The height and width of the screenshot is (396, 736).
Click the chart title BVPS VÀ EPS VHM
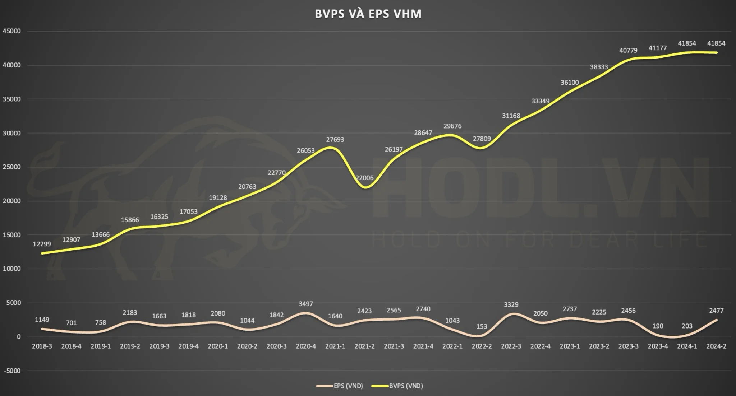[x=368, y=14]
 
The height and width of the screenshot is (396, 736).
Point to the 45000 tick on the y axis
[x=12, y=31]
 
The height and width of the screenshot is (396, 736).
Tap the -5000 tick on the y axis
[x=12, y=371]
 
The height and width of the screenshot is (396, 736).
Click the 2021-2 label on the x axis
[x=364, y=346]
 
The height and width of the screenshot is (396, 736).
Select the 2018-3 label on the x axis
[x=42, y=346]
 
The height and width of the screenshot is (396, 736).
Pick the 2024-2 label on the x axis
[x=716, y=346]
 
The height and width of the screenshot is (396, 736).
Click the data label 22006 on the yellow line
[x=364, y=178]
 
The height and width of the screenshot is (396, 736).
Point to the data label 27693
[x=335, y=140]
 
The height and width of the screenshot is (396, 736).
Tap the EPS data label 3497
[x=306, y=304]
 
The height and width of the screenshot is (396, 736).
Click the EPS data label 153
[x=482, y=327]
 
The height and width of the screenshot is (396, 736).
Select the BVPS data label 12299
[x=42, y=244]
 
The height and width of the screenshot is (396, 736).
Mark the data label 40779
[x=628, y=51]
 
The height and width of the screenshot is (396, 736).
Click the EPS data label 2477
[x=716, y=311]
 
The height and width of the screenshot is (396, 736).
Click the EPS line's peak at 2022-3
[x=511, y=314]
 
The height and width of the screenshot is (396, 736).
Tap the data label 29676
[x=452, y=126]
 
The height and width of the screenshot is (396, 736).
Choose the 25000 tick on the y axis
[x=12, y=167]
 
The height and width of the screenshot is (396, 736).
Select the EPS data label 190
[x=658, y=326]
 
